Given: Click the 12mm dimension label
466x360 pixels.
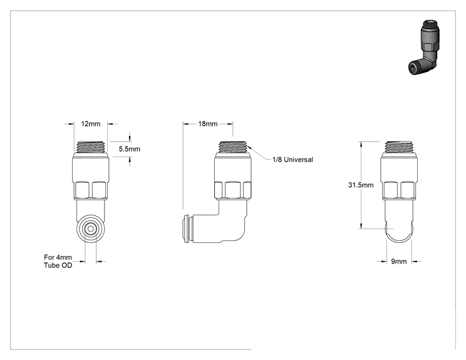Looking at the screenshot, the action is tap(91, 124).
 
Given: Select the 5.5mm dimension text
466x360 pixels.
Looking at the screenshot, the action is tap(129, 149).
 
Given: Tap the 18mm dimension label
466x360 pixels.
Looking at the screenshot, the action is tap(208, 123).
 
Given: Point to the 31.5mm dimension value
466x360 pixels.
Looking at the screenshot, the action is tap(361, 185).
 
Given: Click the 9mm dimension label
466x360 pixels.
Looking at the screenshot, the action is tap(398, 261).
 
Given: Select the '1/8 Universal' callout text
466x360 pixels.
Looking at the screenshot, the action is tap(293, 160).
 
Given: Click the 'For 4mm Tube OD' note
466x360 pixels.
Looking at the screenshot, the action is tap(58, 261).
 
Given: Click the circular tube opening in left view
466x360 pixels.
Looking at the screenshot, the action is tap(90, 229).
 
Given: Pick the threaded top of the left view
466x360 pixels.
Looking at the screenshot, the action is tap(91, 147).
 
